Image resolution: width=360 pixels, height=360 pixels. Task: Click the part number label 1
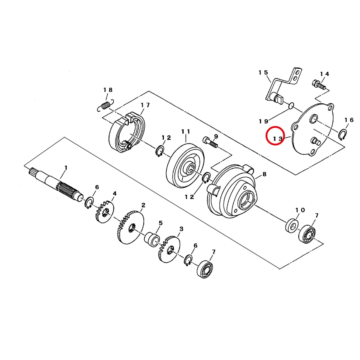click(66, 168)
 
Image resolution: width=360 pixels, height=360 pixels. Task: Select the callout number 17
click(145, 105)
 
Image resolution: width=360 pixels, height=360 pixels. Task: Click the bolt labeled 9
click(210, 142)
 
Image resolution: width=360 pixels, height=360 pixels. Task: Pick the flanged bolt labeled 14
click(319, 85)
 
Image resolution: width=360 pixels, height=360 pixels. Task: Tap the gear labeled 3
click(169, 249)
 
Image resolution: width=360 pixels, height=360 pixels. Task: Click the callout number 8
click(264, 174)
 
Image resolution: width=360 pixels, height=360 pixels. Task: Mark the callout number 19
click(263, 121)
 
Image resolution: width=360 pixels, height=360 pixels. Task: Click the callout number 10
click(300, 210)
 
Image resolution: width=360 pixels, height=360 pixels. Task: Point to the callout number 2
click(143, 205)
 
